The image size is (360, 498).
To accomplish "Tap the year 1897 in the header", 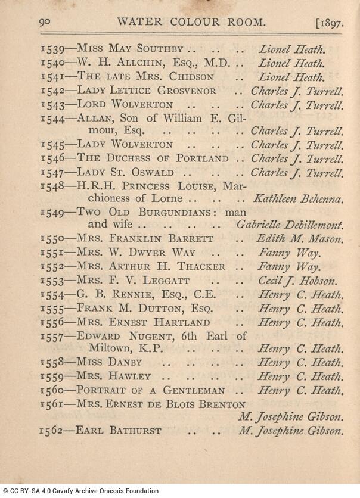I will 330,23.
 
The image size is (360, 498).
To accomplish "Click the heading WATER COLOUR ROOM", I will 191,23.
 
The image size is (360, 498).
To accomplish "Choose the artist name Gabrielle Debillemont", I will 290,225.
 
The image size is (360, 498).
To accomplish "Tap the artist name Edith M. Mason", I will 300,239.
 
